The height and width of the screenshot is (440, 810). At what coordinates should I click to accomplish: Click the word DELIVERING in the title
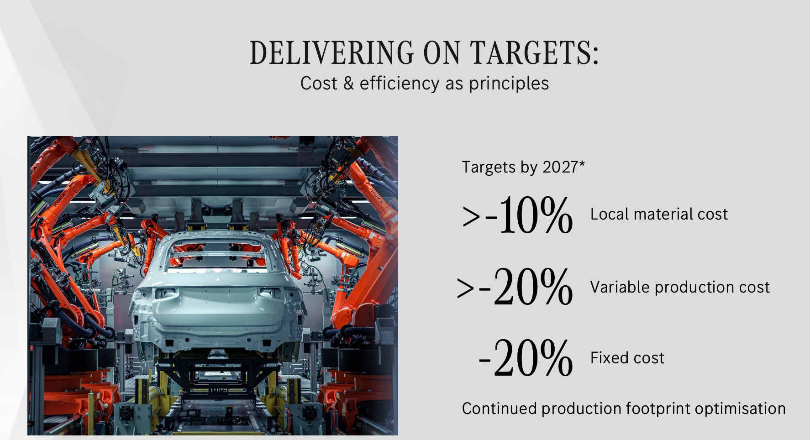click(x=332, y=52)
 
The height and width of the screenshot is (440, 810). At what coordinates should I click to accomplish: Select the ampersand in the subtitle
click(x=349, y=84)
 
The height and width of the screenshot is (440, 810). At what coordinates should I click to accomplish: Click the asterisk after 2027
click(x=582, y=163)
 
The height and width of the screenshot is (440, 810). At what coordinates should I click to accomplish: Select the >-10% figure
click(x=517, y=215)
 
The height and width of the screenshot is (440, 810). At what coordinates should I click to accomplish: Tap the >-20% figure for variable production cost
click(x=515, y=287)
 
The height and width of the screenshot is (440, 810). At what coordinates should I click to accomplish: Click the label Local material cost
click(x=659, y=214)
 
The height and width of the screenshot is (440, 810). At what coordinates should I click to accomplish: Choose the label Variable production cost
click(x=680, y=287)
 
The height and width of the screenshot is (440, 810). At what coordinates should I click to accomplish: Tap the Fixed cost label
click(x=627, y=358)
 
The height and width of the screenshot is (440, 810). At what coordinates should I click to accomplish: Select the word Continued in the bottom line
click(x=500, y=409)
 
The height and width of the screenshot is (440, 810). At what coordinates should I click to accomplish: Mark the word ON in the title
click(x=442, y=52)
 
